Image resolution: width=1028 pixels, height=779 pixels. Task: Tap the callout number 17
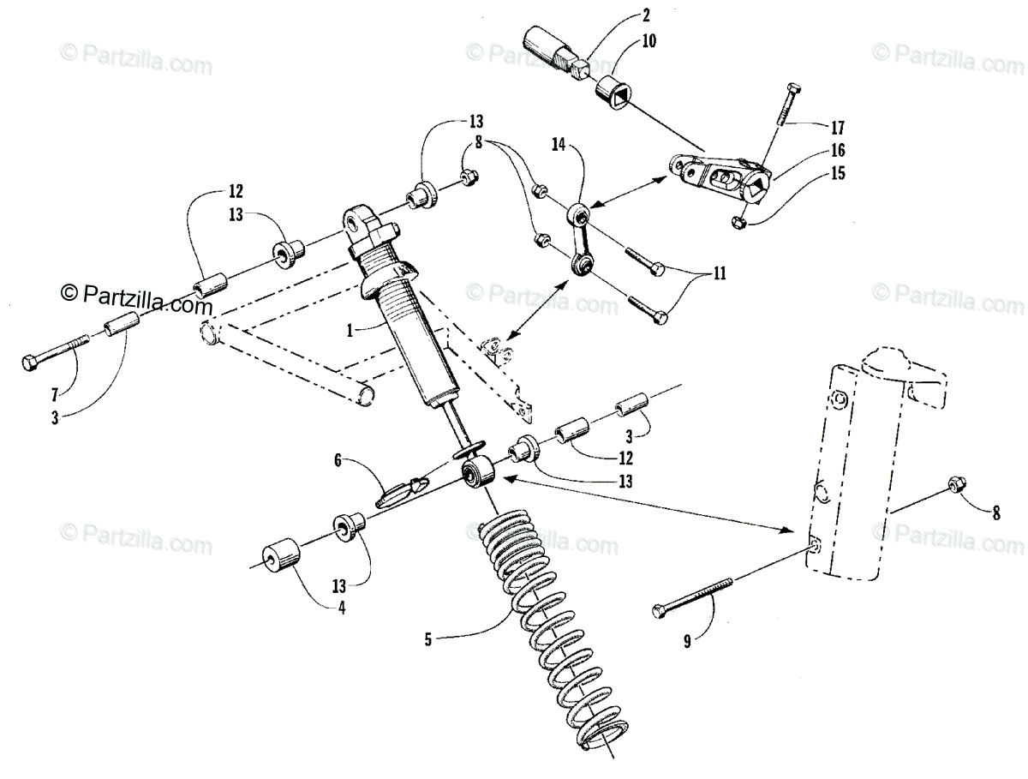tap(837, 129)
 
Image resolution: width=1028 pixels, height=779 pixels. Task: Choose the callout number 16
tap(836, 151)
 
